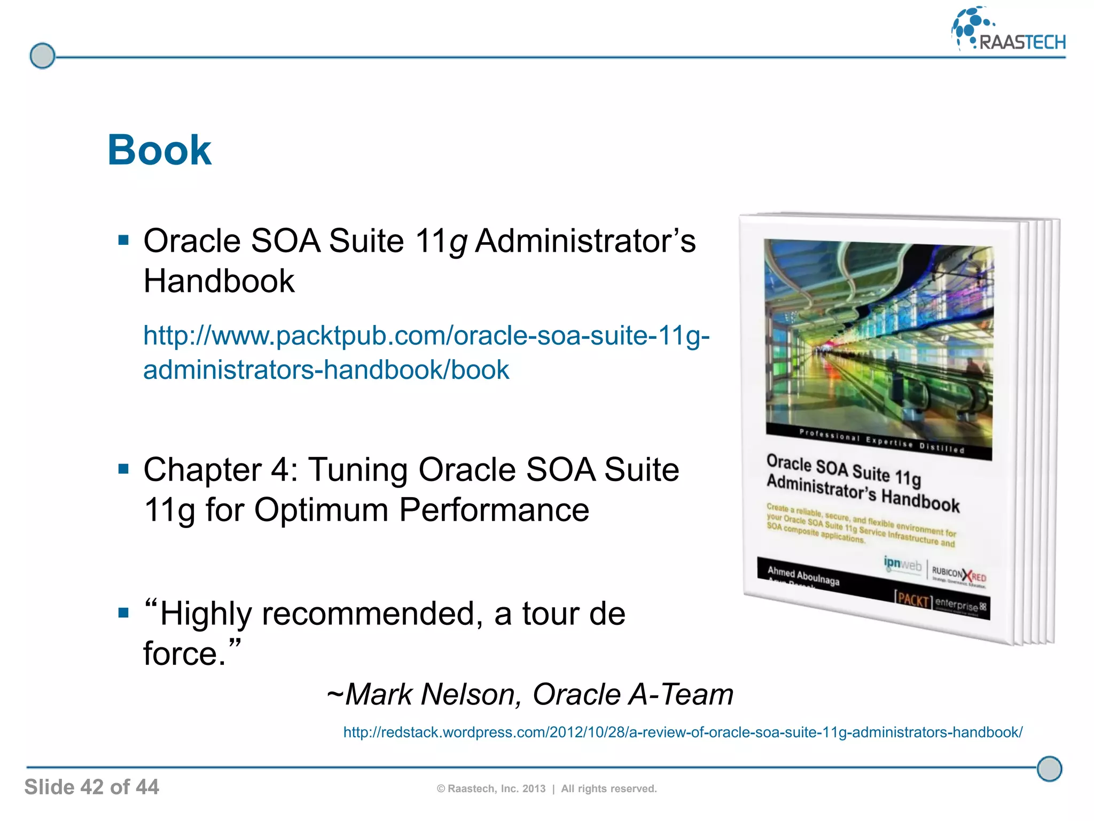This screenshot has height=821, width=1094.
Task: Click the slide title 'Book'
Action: pos(159,150)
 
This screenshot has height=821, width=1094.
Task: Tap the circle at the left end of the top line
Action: pos(42,56)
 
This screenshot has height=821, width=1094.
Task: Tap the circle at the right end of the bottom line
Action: pos(1049,769)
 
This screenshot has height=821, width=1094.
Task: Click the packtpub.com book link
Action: pos(426,352)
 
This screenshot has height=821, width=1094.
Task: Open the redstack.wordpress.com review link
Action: pos(682,732)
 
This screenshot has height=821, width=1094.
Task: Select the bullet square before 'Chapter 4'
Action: pos(124,469)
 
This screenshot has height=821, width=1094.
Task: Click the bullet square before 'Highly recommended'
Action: pos(124,613)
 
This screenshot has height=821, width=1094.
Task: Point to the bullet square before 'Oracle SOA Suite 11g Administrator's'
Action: pos(124,240)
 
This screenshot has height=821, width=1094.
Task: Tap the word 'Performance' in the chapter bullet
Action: pos(494,509)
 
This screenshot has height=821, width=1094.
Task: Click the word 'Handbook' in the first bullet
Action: pos(219,281)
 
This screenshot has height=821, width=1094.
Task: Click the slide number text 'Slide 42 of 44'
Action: pos(91,787)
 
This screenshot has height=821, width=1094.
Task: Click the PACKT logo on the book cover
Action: pos(913,600)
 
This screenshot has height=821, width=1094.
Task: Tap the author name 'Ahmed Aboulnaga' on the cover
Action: pos(803,576)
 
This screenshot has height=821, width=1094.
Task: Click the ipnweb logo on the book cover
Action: pos(902,564)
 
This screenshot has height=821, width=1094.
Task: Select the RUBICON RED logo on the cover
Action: pos(959,575)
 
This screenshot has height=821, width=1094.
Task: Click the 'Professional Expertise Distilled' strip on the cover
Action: pos(881,442)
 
